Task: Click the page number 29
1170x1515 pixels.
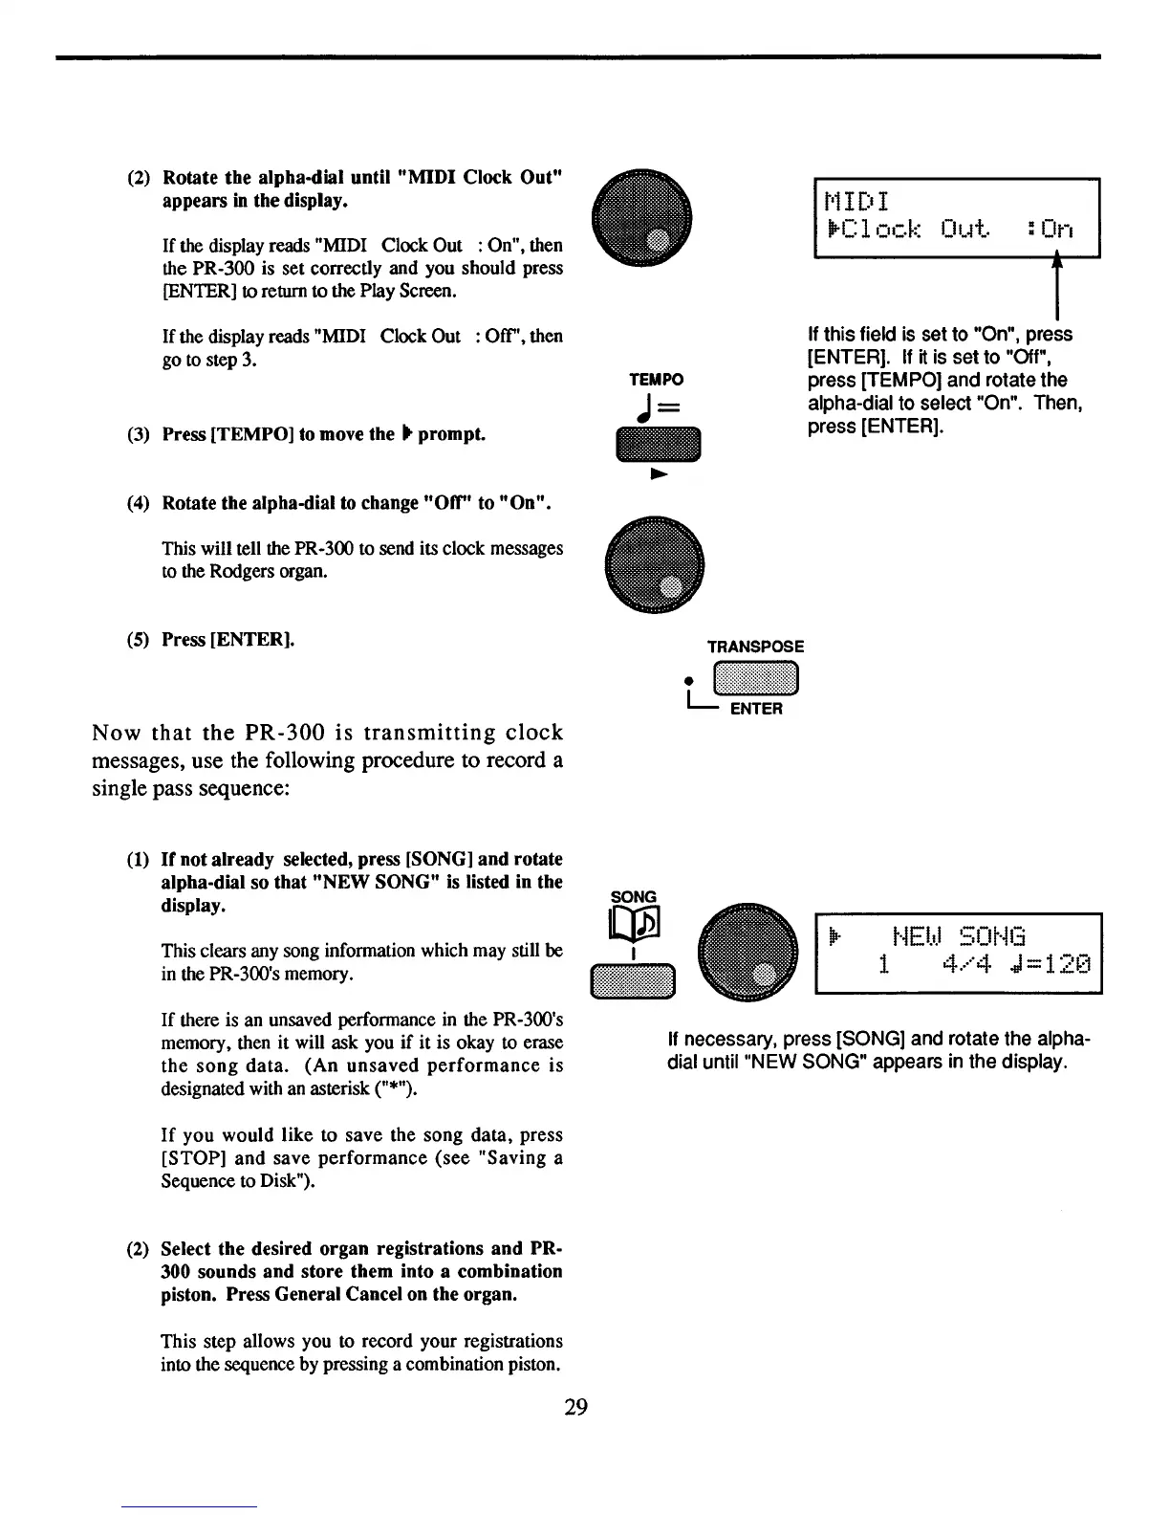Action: (x=575, y=1407)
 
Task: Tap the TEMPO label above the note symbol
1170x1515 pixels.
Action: (x=656, y=380)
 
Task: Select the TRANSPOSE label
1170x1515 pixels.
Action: (x=755, y=647)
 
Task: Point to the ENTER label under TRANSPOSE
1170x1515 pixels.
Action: (x=756, y=709)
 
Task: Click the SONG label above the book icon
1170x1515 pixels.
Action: (x=634, y=897)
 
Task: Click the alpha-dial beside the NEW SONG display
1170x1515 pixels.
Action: (x=747, y=953)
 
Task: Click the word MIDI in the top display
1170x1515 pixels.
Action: (x=856, y=201)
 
